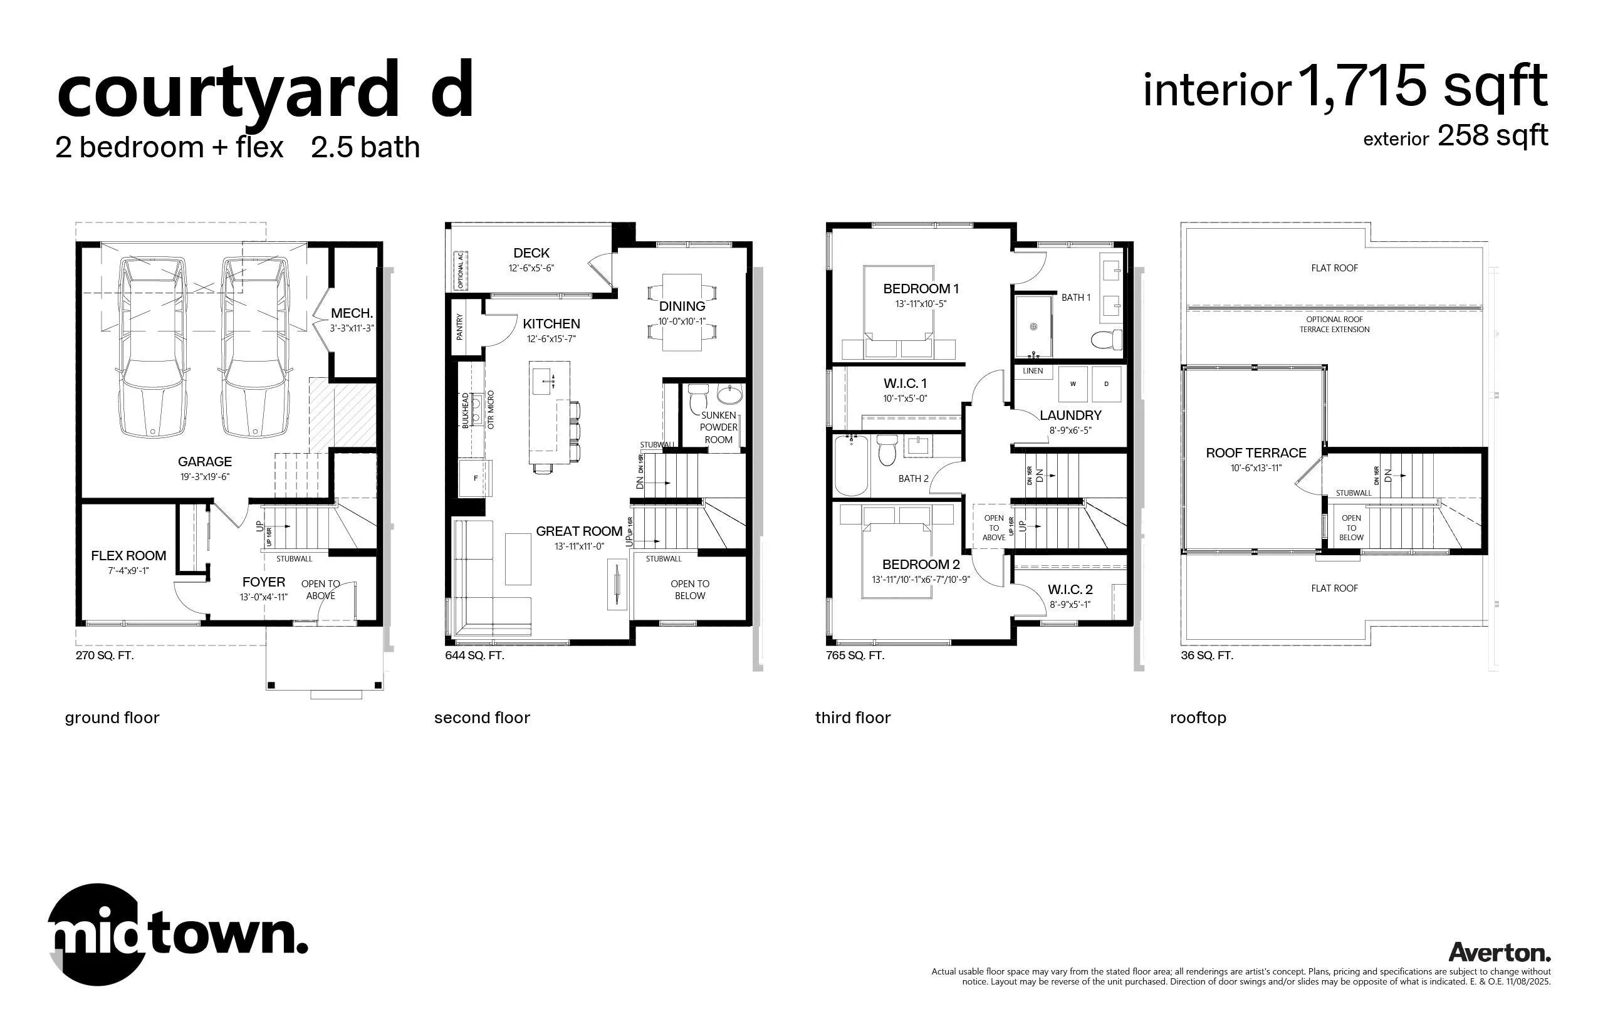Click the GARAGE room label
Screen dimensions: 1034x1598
click(x=205, y=462)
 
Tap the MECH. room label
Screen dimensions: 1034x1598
click(x=352, y=313)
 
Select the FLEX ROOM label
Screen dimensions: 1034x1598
click(x=128, y=556)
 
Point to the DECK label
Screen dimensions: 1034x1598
click(x=531, y=253)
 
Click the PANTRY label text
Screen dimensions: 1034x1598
click(x=460, y=327)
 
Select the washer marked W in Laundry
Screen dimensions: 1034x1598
click(x=1073, y=384)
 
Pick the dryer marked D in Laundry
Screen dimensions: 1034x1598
click(x=1107, y=384)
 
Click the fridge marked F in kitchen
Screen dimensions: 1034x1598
click(x=476, y=478)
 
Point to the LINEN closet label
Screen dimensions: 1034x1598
click(x=1033, y=371)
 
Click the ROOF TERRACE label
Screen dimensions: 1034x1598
click(x=1256, y=453)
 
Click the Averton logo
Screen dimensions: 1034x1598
click(x=1499, y=952)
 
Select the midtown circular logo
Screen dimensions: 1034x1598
click(x=98, y=934)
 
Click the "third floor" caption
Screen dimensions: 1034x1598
click(x=853, y=718)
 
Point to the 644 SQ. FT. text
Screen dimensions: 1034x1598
click(x=475, y=655)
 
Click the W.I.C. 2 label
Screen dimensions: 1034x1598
click(x=1070, y=590)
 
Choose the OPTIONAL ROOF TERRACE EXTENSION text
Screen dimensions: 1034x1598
click(x=1334, y=325)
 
